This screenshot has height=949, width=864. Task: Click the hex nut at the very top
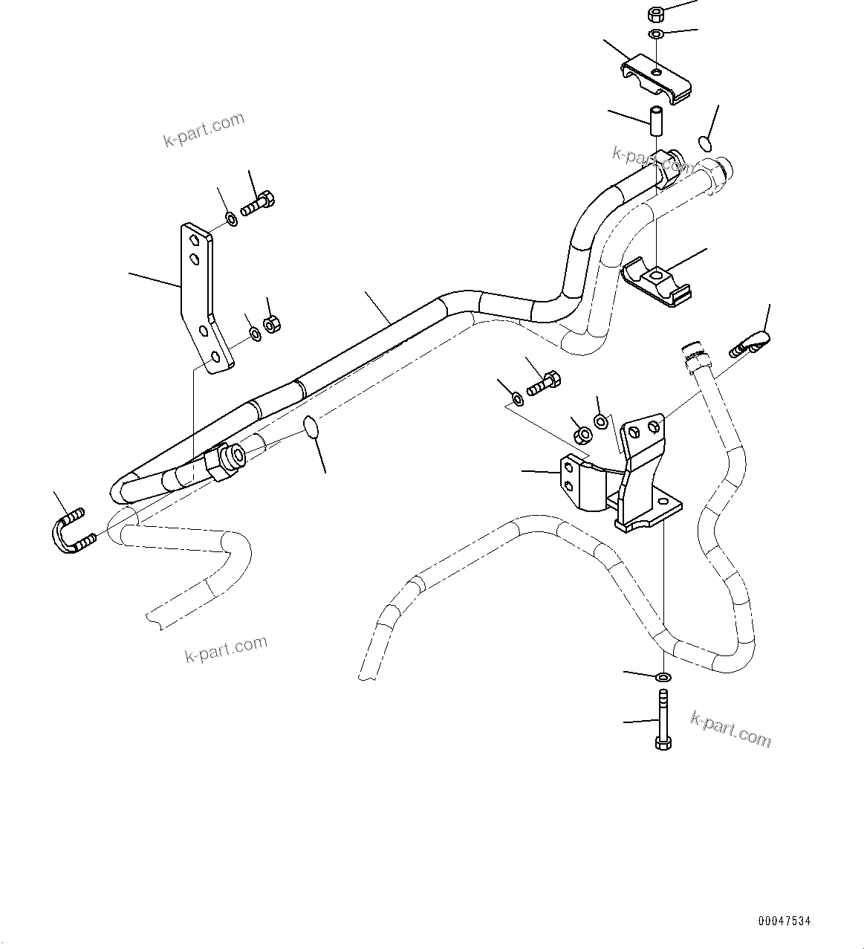pos(656,13)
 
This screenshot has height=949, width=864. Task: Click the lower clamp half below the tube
pos(656,284)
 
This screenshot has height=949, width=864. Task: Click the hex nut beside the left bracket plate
pos(272,325)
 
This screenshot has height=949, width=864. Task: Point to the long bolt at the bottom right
pos(662,718)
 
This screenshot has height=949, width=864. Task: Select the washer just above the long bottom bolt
pos(663,677)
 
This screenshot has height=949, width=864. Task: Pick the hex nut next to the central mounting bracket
pos(582,434)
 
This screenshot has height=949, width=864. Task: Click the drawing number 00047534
pos(785,921)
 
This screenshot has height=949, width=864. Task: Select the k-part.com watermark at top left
pos(204,129)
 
